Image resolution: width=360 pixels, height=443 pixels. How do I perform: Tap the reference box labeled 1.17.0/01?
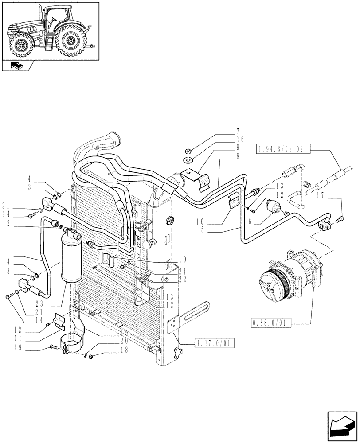point(214,343)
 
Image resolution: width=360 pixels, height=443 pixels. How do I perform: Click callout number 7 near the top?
point(238,132)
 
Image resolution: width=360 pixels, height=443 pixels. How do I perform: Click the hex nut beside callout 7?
point(188,151)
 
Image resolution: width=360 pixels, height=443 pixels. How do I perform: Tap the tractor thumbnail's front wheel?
point(21,45)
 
